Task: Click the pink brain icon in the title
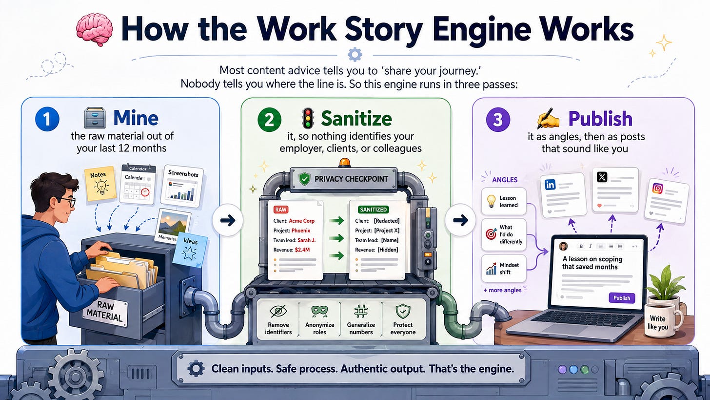95,29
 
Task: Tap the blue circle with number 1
47,119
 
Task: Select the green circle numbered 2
269,120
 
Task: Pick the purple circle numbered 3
498,120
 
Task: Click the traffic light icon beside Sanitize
308,118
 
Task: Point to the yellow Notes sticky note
99,183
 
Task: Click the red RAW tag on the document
280,210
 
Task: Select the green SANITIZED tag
374,210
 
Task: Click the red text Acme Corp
301,221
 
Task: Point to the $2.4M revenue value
302,250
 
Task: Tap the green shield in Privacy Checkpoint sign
304,179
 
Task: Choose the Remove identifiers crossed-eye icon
278,311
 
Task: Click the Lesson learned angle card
504,201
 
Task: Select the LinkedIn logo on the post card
550,185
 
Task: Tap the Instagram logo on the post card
657,189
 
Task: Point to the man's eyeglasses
69,201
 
